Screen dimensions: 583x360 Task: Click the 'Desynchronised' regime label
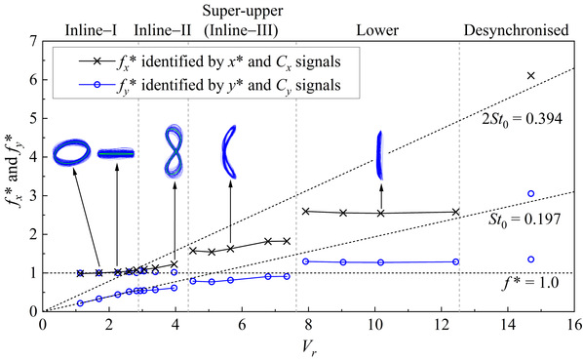516,30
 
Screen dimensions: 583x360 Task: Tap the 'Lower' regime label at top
377,30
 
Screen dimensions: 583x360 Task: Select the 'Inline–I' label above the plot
91,30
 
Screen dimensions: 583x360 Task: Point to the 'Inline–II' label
163,30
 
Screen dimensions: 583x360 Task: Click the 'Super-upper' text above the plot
243,11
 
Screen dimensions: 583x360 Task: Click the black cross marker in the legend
97,61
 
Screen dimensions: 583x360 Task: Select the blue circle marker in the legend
97,85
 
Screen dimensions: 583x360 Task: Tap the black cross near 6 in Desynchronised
531,76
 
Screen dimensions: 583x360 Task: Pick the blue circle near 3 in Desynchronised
531,193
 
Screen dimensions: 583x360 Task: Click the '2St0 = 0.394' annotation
522,119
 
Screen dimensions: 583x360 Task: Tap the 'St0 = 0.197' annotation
525,220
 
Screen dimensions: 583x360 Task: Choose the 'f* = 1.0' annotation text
530,283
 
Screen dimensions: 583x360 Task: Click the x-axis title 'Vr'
309,349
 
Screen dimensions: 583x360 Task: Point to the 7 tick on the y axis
34,41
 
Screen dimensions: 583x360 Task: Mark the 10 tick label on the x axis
375,325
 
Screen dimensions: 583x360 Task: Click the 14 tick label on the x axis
508,325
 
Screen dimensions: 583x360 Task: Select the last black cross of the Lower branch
456,212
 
